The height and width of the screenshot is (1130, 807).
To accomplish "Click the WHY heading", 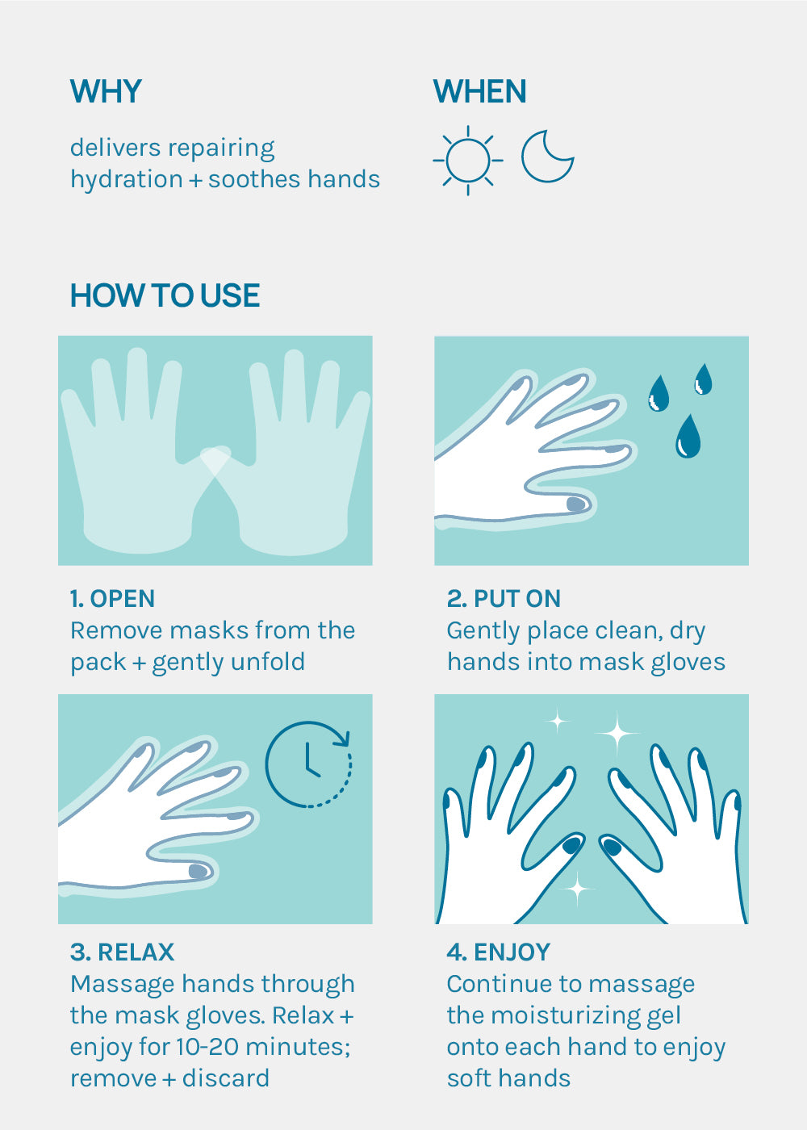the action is [x=106, y=91].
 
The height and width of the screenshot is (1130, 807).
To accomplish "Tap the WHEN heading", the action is [x=480, y=91].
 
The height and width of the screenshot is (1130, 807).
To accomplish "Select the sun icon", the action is [x=468, y=161].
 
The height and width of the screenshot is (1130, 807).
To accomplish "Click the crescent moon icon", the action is [x=547, y=157].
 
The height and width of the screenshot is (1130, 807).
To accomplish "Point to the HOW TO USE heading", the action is [x=165, y=295].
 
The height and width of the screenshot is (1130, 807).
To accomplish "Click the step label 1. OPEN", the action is [x=112, y=599].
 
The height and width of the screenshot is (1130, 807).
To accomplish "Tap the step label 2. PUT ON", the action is [x=504, y=599].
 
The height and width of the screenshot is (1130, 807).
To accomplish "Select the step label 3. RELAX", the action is [x=122, y=952].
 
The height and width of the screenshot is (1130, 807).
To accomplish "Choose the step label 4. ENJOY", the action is [x=499, y=952].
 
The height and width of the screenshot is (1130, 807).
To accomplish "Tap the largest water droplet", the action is [x=688, y=436].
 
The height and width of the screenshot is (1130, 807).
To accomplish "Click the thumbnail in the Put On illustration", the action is [x=576, y=504].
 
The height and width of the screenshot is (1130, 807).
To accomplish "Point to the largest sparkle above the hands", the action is [x=617, y=733].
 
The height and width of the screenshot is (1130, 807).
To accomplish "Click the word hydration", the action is [x=127, y=179].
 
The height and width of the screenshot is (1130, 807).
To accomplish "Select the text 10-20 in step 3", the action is [x=207, y=1047].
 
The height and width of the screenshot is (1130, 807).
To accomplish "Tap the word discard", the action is [x=226, y=1078].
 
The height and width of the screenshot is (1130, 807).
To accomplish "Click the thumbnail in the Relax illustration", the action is [x=198, y=871].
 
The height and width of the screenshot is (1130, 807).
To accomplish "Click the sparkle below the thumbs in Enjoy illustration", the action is [x=578, y=888].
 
